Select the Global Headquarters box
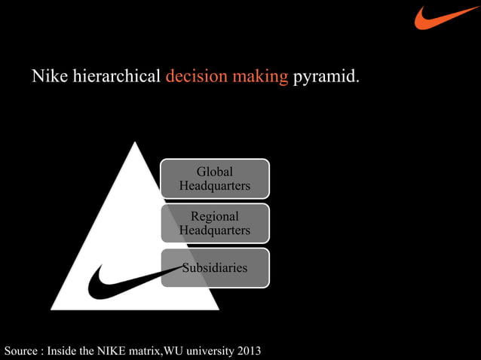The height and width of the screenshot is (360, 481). [214, 178]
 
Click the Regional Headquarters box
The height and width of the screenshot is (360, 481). [214, 223]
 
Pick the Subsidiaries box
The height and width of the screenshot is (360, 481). [214, 267]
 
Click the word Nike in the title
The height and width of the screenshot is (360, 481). [49, 77]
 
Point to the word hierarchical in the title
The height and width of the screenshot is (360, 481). [116, 77]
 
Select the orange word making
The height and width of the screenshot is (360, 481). [259, 77]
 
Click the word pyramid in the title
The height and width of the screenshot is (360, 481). [326, 77]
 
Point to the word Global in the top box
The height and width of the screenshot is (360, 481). [214, 171]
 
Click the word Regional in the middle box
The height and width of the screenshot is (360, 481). [214, 216]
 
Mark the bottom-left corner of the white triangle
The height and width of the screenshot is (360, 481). [52, 308]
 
